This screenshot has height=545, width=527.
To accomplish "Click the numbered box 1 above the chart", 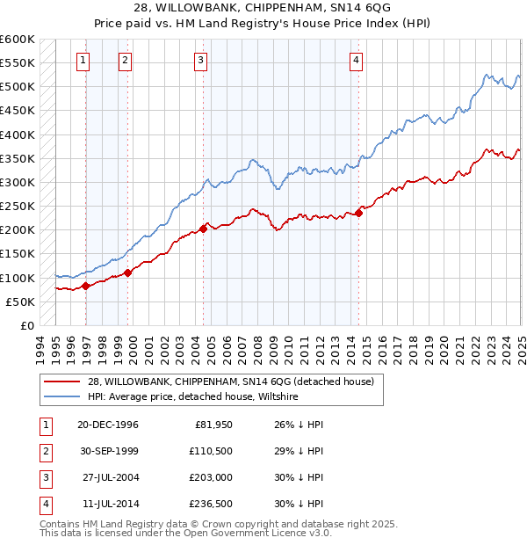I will [82, 61].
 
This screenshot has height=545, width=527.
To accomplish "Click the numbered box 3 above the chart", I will [200, 61].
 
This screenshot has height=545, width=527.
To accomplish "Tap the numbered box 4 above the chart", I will [356, 61].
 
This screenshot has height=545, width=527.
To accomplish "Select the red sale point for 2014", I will [359, 212].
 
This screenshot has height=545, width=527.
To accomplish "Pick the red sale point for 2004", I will [203, 229].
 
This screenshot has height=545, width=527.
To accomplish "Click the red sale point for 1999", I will [128, 272].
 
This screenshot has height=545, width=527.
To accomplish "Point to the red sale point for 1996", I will [85, 286].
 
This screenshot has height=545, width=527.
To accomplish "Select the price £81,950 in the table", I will [210, 424].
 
